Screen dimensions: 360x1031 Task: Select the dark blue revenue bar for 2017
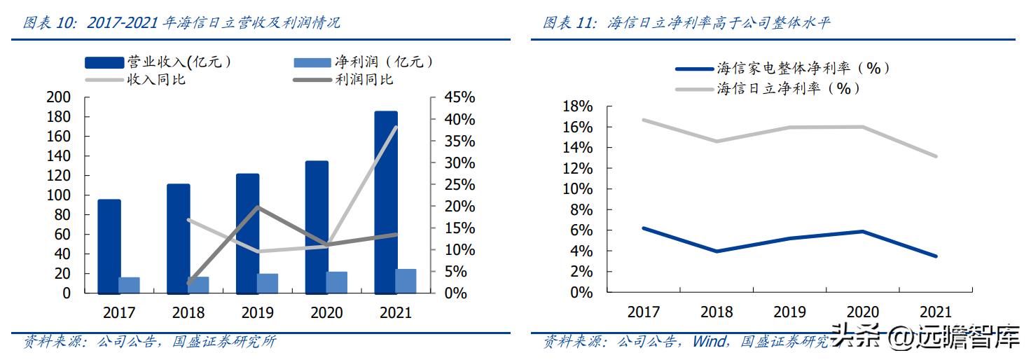coord(109,246)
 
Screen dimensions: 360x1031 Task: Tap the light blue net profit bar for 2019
coord(267,283)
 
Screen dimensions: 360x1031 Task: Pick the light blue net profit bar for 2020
coord(336,282)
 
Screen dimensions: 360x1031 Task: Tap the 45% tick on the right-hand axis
coord(459,97)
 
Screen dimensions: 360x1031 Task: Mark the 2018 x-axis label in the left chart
coord(188,313)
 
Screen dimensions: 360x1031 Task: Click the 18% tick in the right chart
coord(577,106)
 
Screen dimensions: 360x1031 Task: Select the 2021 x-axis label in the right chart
coord(935,312)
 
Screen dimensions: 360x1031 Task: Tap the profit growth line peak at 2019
coord(258,207)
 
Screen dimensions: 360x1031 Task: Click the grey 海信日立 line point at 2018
coord(716,141)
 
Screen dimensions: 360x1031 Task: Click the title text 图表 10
coord(48,23)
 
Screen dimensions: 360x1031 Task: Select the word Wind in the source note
coord(709,342)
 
